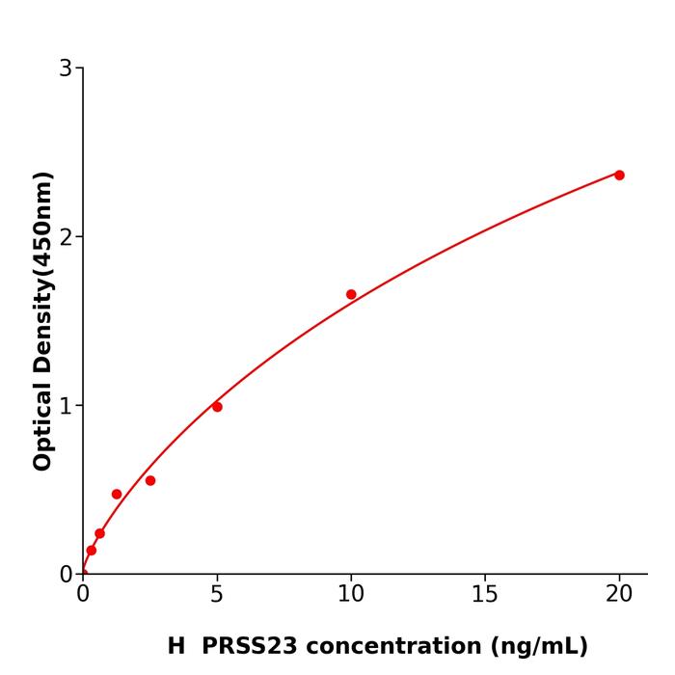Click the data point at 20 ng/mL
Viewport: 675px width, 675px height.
[619, 175]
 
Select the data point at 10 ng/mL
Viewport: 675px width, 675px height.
[351, 294]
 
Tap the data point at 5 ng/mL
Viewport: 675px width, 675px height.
[217, 407]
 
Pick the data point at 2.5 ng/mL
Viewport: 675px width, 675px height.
[150, 480]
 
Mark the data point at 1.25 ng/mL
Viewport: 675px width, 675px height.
[117, 494]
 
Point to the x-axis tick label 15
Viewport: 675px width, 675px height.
[485, 595]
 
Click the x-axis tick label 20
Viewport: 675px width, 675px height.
[619, 595]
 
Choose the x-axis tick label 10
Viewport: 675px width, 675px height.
[351, 595]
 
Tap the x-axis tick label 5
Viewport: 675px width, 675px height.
[217, 595]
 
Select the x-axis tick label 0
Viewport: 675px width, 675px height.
[83, 595]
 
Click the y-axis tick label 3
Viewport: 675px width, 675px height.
[66, 67]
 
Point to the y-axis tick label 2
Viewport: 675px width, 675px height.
[66, 236]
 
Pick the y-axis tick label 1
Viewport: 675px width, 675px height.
[66, 405]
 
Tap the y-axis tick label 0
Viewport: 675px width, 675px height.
[66, 574]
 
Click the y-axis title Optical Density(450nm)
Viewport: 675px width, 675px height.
[42, 320]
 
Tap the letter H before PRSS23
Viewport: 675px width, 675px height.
[175, 646]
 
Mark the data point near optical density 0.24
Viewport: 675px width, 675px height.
[99, 533]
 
